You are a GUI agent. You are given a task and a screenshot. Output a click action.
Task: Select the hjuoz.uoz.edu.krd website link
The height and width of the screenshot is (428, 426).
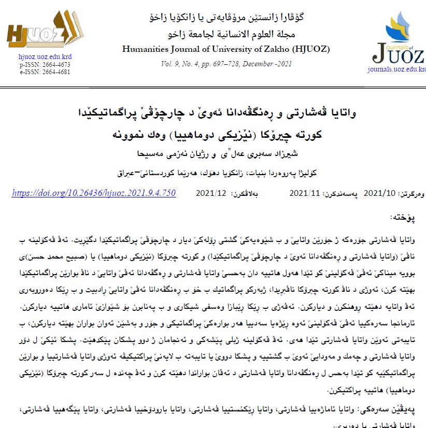click(x=45, y=57)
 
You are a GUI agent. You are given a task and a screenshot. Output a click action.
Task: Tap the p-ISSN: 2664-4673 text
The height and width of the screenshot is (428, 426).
click(x=45, y=65)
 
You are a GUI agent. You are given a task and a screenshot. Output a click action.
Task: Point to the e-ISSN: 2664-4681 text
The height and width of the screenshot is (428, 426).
click(x=45, y=72)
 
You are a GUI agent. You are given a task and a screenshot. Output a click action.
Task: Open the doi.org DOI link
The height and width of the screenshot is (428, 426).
click(x=94, y=193)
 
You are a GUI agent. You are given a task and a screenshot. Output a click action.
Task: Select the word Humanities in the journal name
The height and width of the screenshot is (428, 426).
click(x=145, y=50)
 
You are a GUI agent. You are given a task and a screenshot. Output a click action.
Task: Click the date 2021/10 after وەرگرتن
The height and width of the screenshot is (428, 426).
click(x=380, y=193)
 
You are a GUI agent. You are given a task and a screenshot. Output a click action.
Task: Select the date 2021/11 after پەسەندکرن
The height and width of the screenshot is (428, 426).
click(x=305, y=193)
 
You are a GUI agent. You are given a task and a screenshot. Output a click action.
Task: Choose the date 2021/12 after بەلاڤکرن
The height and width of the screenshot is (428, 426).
click(x=211, y=193)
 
